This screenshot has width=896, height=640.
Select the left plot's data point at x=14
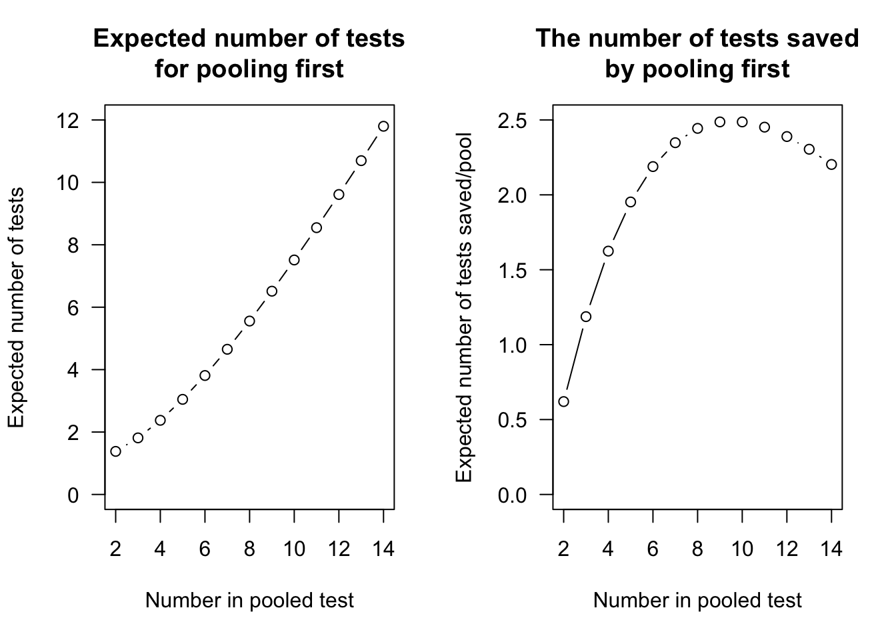click(x=383, y=126)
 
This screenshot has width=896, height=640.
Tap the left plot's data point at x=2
click(x=116, y=451)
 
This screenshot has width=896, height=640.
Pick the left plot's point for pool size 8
click(x=249, y=321)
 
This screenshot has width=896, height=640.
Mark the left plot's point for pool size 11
click(x=317, y=227)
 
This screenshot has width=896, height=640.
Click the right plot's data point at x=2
click(x=564, y=401)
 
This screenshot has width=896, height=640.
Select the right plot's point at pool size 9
click(x=720, y=122)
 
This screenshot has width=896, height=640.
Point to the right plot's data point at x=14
click(x=831, y=165)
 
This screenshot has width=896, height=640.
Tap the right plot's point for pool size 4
click(x=608, y=251)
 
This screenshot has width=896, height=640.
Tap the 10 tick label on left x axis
click(x=294, y=549)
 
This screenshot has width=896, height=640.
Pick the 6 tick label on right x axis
click(x=653, y=549)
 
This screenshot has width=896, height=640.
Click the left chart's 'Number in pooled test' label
click(x=249, y=601)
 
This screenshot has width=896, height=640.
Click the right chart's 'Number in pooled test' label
click(x=697, y=601)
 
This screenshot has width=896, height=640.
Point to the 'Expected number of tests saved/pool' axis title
click(x=464, y=307)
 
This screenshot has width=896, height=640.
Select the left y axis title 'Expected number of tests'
click(x=16, y=307)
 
